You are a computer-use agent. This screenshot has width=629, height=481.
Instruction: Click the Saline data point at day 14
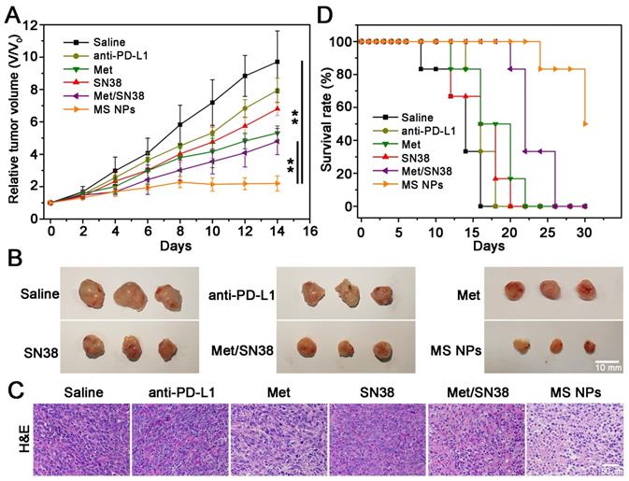click(x=277, y=63)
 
